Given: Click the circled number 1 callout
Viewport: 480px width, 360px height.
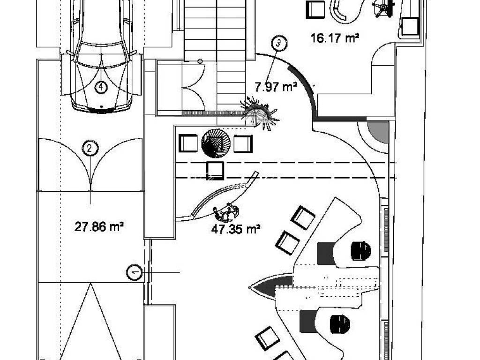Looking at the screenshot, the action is click(134, 272).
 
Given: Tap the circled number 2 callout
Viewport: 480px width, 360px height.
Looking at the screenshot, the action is click(90, 149).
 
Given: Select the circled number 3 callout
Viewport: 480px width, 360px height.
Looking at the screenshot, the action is click(278, 43).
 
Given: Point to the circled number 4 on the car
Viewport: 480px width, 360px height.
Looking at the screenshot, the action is click(101, 88).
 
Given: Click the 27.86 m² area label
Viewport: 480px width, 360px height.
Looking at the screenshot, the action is click(99, 227).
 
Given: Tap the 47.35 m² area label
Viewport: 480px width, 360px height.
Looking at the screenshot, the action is click(236, 229).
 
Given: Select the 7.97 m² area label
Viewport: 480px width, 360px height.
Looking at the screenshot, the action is click(276, 87).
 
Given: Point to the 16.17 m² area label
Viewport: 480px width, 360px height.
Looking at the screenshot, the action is click(335, 38).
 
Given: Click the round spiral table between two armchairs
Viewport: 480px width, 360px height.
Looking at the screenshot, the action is click(216, 143).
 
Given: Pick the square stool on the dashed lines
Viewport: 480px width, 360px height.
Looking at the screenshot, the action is click(215, 171).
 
